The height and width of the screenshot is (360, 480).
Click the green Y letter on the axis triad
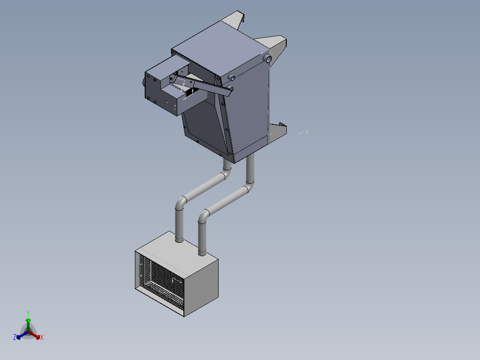28,313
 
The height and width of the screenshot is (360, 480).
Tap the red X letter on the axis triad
42,338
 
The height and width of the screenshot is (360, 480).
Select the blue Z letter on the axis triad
15,338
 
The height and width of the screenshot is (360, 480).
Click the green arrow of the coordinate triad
28,322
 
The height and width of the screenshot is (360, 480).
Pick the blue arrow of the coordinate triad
20,335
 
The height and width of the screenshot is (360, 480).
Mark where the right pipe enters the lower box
202,254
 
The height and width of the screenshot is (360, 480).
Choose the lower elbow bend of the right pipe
203,216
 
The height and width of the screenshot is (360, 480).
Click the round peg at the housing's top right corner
268,59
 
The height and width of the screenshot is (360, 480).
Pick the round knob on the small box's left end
144,83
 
